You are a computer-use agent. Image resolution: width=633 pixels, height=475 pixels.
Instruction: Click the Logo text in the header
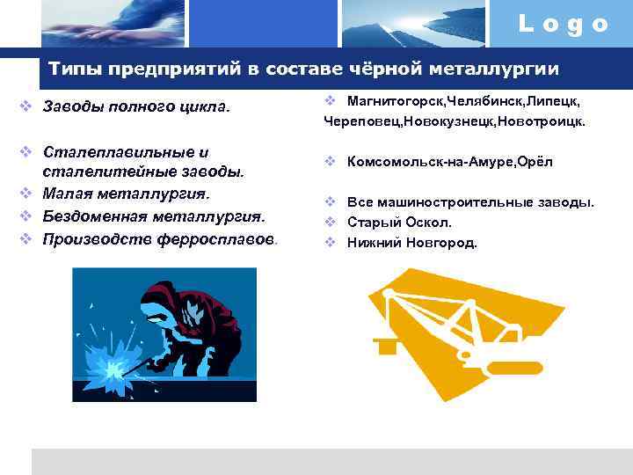[563, 24]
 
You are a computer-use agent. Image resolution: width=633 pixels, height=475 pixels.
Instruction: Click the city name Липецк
[549, 103]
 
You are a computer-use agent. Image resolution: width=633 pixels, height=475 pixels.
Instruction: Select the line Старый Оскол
[399, 223]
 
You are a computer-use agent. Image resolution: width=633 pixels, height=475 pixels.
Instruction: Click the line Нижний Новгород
[411, 242]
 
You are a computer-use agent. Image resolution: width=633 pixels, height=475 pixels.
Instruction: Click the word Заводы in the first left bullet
[75, 108]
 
